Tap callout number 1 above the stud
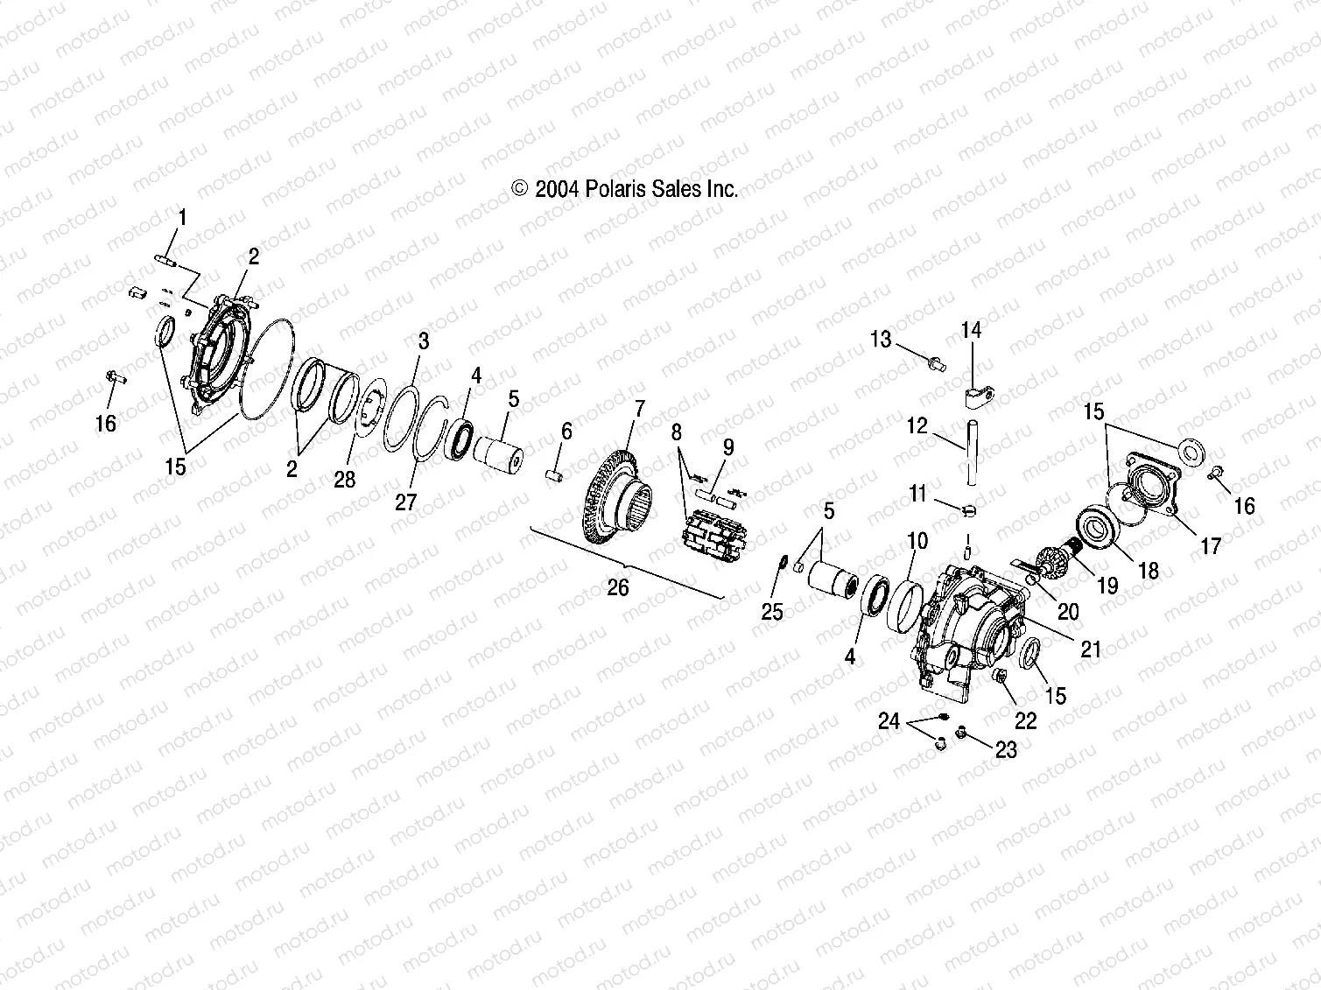tap(182, 216)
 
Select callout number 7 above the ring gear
tap(639, 408)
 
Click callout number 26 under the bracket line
tap(618, 587)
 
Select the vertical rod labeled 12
tap(970, 451)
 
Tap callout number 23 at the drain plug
tap(1006, 749)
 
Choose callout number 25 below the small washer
tap(771, 612)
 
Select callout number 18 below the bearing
tap(1148, 571)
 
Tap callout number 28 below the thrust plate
tap(345, 479)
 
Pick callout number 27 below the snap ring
tap(405, 501)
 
